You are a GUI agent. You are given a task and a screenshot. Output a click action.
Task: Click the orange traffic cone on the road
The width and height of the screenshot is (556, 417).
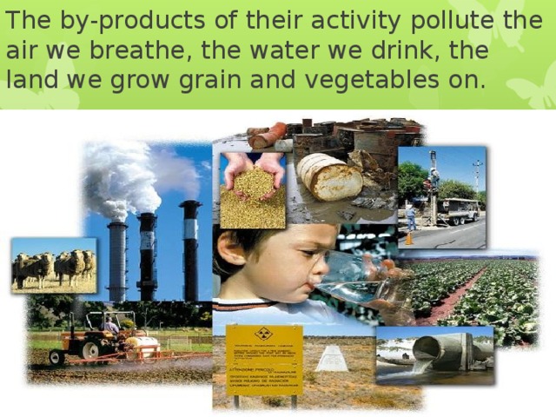click(408, 237)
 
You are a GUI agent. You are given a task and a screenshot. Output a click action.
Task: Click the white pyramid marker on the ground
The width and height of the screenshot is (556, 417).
click(331, 358)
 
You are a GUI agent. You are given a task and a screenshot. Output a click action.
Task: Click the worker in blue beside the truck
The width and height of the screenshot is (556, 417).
click(412, 215)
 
